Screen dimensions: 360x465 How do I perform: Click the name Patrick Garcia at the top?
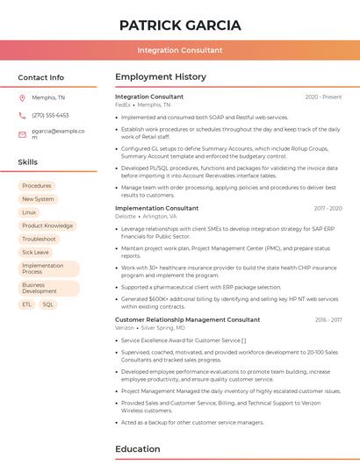click(x=180, y=25)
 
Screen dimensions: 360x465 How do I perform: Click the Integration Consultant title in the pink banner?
click(x=180, y=50)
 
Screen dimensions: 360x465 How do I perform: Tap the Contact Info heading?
click(x=41, y=77)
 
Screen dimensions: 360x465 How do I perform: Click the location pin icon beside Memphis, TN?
click(x=22, y=97)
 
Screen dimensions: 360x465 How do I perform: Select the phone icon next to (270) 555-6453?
click(x=22, y=115)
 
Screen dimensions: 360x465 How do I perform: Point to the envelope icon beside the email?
click(x=22, y=134)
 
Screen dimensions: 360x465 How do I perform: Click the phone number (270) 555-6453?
click(x=50, y=115)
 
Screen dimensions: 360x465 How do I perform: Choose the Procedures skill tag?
click(x=37, y=186)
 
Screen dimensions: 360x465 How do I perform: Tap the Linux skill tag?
click(x=29, y=212)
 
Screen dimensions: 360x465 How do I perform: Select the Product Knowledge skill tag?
click(x=47, y=225)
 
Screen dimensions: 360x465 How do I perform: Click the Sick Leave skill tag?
click(x=35, y=252)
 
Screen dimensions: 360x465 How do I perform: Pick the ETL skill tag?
click(x=27, y=304)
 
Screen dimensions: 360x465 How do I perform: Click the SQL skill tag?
click(x=47, y=304)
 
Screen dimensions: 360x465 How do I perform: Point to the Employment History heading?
click(x=161, y=77)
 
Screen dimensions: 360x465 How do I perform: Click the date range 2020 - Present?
click(x=323, y=97)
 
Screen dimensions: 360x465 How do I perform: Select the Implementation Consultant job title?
click(x=156, y=208)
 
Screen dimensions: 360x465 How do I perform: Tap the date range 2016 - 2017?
click(x=328, y=320)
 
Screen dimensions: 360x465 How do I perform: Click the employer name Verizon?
click(x=125, y=328)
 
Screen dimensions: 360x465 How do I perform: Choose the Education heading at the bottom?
click(x=138, y=449)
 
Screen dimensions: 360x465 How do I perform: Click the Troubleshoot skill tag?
click(x=39, y=239)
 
